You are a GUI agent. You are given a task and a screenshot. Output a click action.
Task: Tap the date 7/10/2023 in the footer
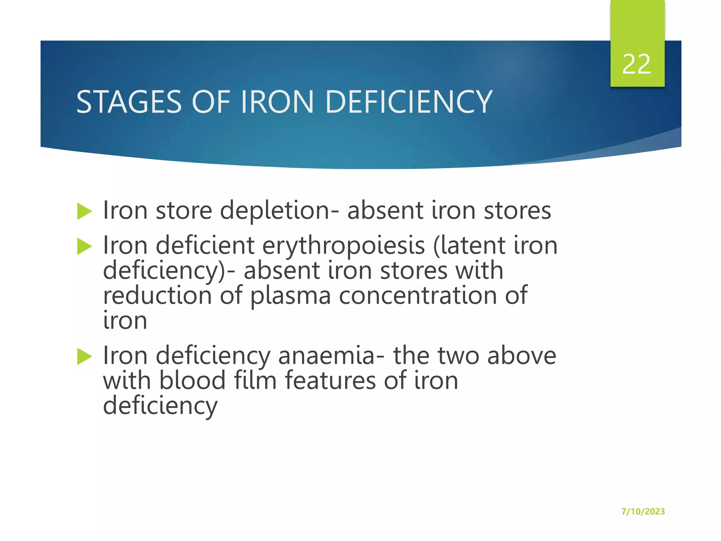click(643, 511)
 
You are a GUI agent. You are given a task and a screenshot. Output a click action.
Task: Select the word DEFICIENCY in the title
click(408, 102)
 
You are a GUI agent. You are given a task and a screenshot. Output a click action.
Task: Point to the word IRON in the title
click(277, 102)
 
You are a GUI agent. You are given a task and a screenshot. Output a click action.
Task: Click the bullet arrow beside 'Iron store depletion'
click(84, 211)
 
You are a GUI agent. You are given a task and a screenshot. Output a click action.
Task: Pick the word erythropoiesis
click(344, 245)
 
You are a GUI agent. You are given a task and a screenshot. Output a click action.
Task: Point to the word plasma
click(290, 296)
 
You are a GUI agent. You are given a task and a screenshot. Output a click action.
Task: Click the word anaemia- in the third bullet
click(331, 356)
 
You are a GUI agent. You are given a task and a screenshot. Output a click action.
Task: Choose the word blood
click(192, 381)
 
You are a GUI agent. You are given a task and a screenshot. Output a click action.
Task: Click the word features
click(330, 381)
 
